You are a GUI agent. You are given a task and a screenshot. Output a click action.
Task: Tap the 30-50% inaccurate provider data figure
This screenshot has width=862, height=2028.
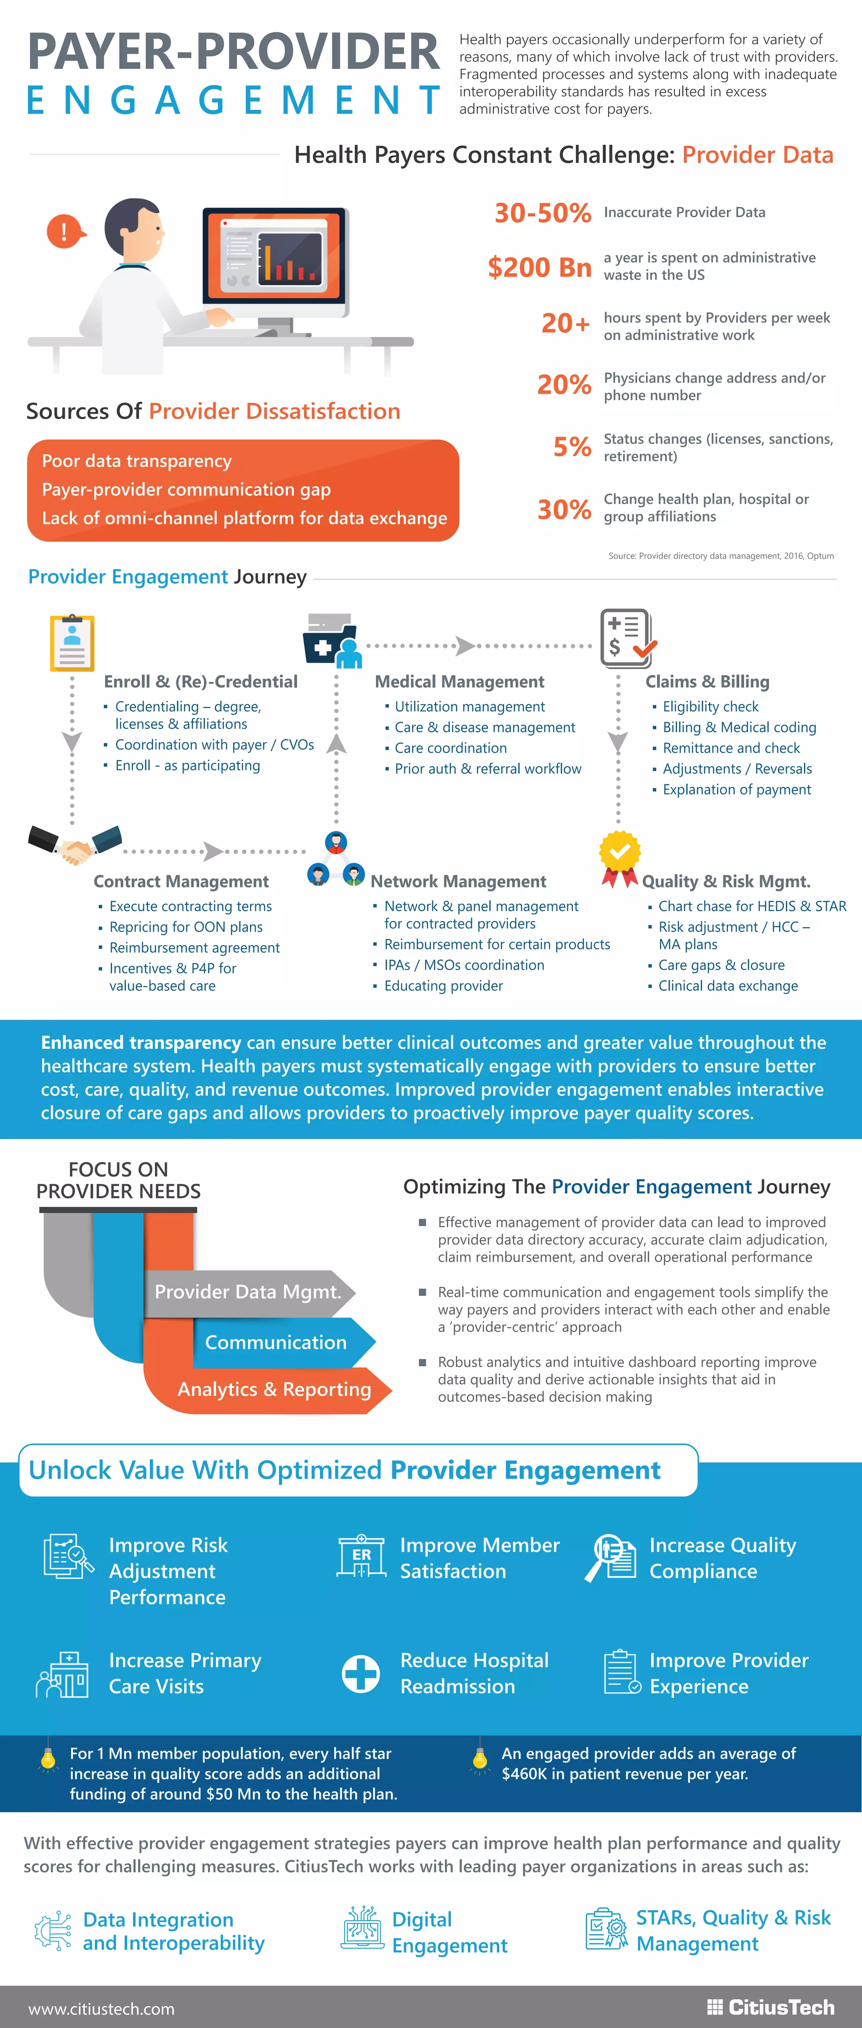click(x=543, y=213)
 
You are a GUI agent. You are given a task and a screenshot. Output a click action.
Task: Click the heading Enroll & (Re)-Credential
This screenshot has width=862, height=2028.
click(x=201, y=682)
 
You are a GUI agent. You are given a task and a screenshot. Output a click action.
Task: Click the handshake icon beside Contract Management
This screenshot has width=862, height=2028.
click(x=75, y=845)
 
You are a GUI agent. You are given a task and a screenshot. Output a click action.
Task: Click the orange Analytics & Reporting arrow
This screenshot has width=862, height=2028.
click(x=274, y=1390)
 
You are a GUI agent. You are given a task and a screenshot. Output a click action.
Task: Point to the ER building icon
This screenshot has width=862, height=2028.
click(x=361, y=1556)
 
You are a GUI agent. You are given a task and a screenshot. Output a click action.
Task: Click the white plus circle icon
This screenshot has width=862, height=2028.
click(x=361, y=1673)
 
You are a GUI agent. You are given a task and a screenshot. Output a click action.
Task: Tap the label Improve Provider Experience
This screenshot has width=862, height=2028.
click(x=728, y=1673)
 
